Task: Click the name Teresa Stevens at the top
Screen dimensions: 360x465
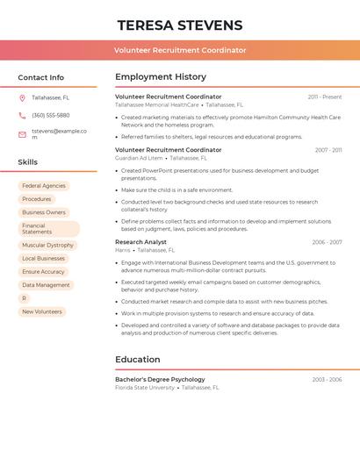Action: [x=180, y=25]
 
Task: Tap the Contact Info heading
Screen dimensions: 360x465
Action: [x=41, y=77]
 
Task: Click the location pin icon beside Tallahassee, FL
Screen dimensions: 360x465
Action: [x=22, y=97]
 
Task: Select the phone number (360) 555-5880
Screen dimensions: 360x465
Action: [x=51, y=115]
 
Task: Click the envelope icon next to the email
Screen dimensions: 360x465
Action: [x=22, y=134]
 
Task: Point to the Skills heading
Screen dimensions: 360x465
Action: [x=28, y=162]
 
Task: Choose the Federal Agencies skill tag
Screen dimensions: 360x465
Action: [x=44, y=186]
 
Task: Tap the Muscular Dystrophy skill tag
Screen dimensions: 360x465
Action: [x=47, y=246]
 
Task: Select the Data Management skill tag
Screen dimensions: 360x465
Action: [x=46, y=285]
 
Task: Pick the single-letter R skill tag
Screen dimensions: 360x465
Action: [x=24, y=298]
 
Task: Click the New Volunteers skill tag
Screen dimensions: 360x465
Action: [x=42, y=311]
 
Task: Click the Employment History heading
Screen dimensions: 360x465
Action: [x=161, y=77]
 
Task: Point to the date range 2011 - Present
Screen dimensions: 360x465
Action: [x=325, y=97]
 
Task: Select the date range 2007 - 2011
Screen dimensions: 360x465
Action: [x=328, y=150]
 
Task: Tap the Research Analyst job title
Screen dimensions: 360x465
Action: [x=140, y=241]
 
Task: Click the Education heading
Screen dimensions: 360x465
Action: [x=138, y=360]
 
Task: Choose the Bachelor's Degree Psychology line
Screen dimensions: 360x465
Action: [x=160, y=379]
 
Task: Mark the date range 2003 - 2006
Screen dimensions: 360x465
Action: [x=327, y=379]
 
